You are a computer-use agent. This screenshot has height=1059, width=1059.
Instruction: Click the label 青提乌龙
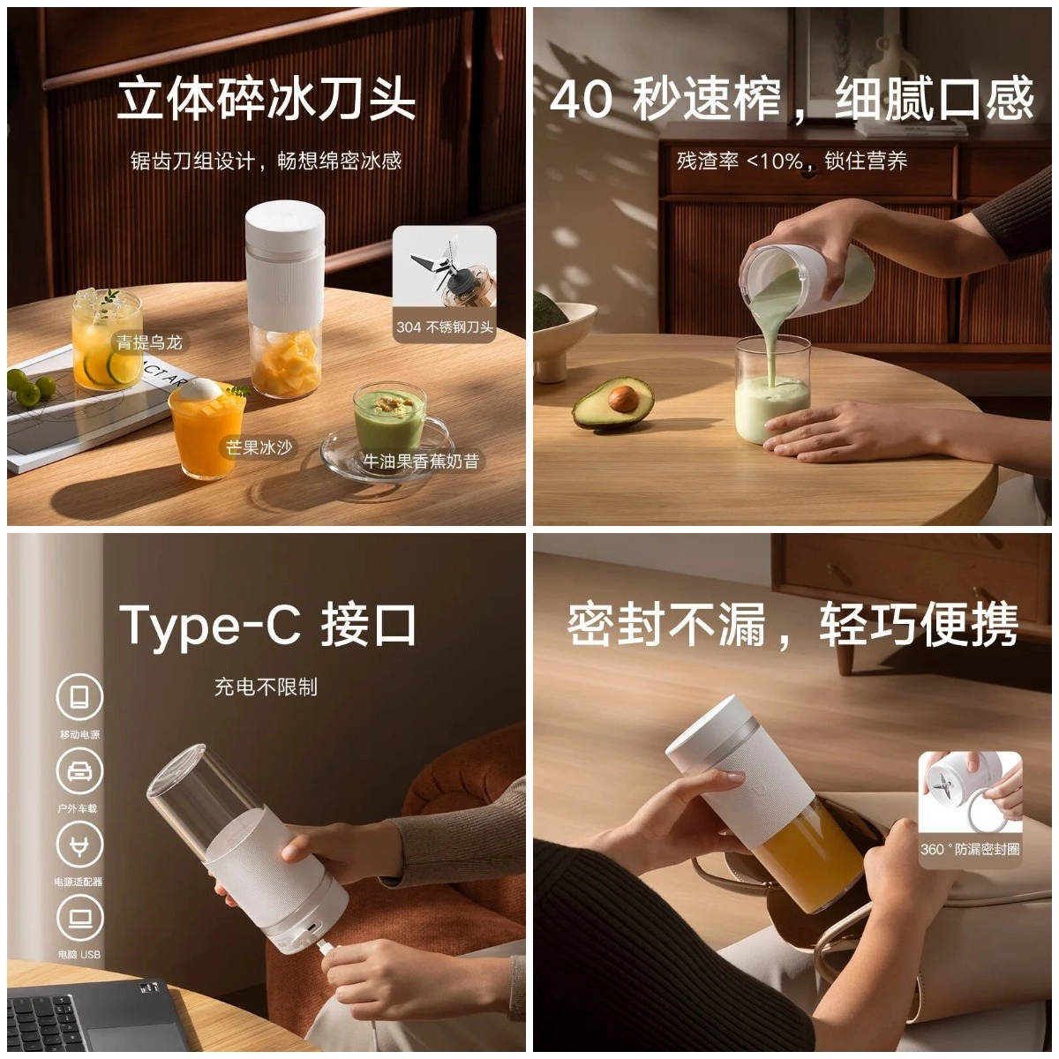click(x=149, y=342)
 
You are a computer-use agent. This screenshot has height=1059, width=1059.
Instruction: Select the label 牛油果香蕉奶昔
click(x=420, y=461)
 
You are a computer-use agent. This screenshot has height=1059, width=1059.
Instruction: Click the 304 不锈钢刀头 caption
click(x=445, y=327)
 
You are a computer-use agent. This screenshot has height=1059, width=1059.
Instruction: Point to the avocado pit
click(x=623, y=398)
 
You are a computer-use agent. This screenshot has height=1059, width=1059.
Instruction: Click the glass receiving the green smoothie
click(x=771, y=391)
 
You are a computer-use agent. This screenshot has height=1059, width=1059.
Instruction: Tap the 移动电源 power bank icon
click(x=79, y=697)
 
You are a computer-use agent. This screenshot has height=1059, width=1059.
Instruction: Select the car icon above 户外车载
click(x=79, y=771)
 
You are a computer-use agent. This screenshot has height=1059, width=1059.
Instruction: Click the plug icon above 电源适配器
click(x=79, y=845)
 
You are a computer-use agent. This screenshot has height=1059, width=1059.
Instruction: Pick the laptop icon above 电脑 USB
click(x=79, y=919)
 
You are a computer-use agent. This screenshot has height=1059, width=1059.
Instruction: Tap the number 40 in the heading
click(x=581, y=100)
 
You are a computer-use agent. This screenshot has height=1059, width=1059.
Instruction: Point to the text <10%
click(x=774, y=161)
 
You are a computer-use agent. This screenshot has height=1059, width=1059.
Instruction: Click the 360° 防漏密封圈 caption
click(x=970, y=849)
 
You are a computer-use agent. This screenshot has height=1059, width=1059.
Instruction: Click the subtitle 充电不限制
click(x=266, y=687)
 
